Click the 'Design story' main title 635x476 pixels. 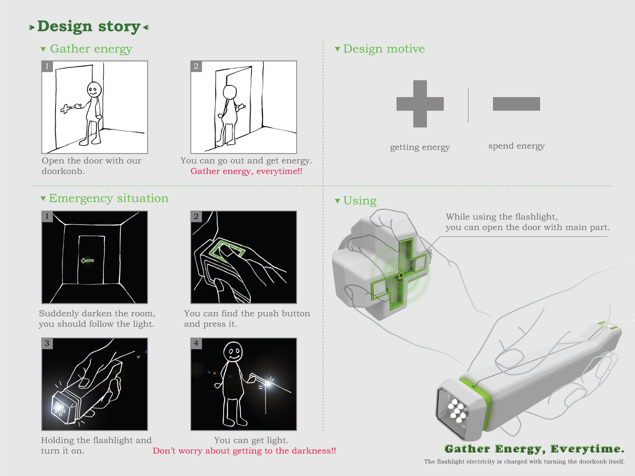(89, 27)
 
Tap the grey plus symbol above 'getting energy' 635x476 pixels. (420, 104)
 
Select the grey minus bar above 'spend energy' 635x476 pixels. (516, 104)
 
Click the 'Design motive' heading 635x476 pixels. (384, 49)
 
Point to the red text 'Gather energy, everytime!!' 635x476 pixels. (246, 171)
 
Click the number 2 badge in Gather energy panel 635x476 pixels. (196, 66)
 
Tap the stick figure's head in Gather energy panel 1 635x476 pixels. (94, 90)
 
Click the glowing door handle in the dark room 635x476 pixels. (87, 260)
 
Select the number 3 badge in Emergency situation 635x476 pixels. (47, 343)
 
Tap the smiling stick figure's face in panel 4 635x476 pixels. (233, 352)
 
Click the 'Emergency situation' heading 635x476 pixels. (109, 198)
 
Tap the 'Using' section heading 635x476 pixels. (360, 201)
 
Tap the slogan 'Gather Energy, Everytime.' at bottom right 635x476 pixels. (534, 449)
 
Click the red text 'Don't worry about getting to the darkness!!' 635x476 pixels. (244, 451)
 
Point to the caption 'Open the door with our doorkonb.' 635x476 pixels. (91, 166)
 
